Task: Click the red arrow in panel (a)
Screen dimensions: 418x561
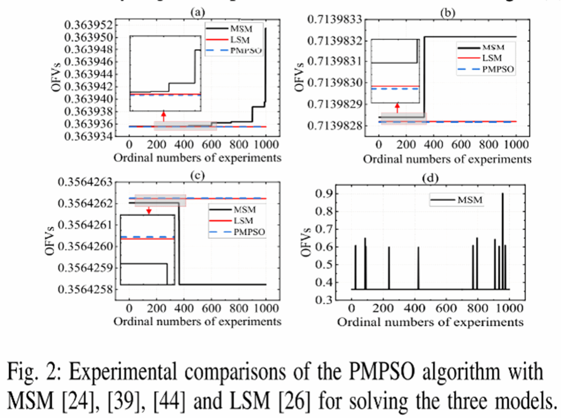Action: click(163, 116)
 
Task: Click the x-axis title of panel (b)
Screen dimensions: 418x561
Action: click(447, 159)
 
